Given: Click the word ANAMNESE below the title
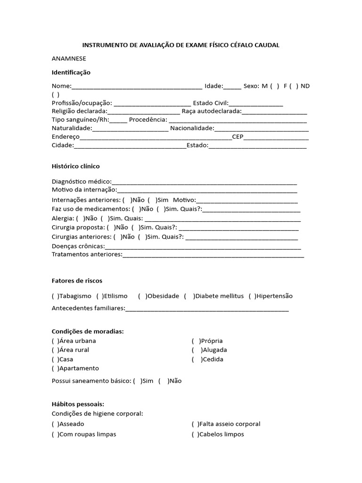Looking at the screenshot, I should [x=69, y=58].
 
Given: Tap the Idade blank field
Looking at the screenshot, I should [x=232, y=86].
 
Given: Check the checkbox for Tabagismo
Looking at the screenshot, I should [x=55, y=296].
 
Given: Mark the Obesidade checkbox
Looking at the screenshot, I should [x=142, y=296].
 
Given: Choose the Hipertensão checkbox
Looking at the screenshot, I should [x=252, y=296].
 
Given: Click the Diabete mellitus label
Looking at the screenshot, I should [x=219, y=296].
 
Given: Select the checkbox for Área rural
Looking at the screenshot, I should [x=55, y=350].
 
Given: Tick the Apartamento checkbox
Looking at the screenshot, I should [x=55, y=368].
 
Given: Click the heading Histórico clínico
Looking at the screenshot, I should [x=75, y=167].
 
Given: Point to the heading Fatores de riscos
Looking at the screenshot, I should [x=77, y=281].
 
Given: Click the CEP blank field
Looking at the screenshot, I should [x=276, y=138].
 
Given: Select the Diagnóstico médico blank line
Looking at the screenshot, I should [x=204, y=182].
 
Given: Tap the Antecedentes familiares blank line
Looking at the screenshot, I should [x=207, y=309].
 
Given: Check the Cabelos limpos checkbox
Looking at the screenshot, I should [x=195, y=434].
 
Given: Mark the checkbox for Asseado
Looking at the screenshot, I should [x=55, y=424].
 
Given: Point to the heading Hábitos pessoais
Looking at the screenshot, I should [x=78, y=404].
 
